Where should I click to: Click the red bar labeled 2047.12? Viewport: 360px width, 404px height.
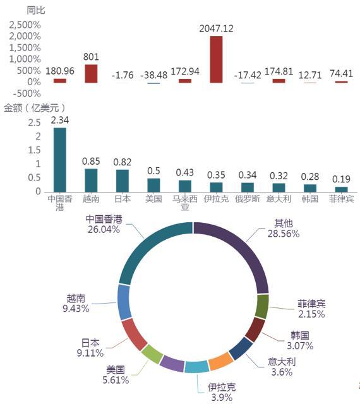pos(216,59)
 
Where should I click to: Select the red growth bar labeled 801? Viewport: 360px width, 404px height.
pos(91,74)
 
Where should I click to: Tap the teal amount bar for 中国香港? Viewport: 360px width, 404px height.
pos(60,160)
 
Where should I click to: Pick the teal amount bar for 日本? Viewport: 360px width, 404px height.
pos(123,181)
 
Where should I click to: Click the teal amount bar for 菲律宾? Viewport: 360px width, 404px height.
pos(342,189)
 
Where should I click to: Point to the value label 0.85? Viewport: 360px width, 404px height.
pos(91,162)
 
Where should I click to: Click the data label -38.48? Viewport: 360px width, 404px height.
pos(153,75)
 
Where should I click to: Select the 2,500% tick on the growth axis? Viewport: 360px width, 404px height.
pos(25,25)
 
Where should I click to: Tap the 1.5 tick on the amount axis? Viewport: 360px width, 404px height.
pos(35,150)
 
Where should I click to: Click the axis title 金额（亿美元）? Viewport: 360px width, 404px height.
pos(34,108)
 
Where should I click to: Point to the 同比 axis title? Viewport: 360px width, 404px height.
pos(36,10)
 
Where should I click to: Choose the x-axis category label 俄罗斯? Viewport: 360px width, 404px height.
pos(248,199)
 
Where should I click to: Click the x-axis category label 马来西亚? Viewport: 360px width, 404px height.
pos(185,203)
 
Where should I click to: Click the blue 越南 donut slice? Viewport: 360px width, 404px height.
pos(124,302)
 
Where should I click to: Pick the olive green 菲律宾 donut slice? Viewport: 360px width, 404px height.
pos(262,307)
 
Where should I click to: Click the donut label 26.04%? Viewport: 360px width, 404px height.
pos(104,230)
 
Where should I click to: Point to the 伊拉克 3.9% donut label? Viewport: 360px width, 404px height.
pos(222,392)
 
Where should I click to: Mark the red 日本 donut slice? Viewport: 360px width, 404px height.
pos(134,334)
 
